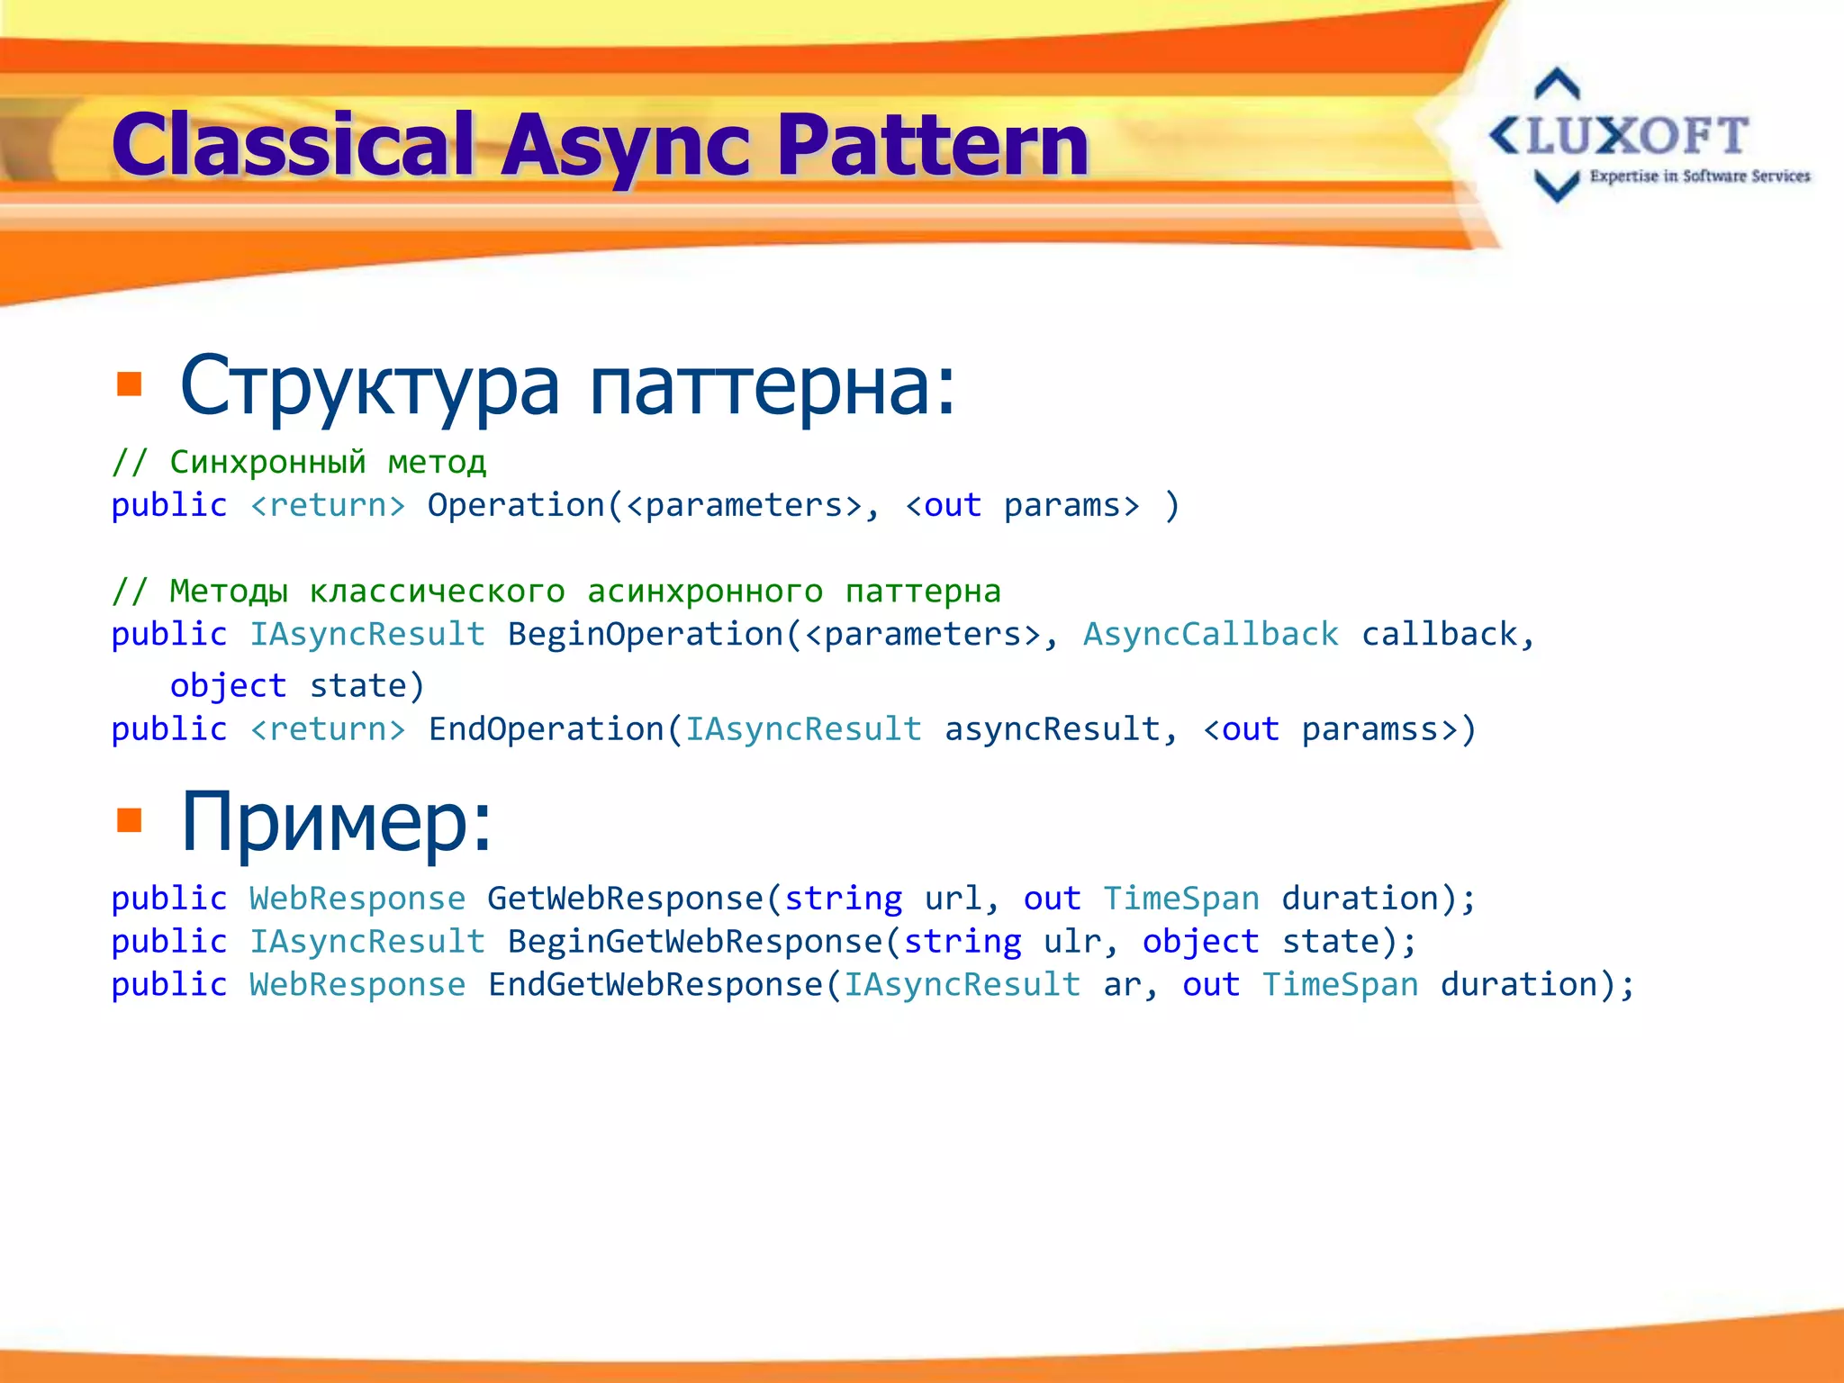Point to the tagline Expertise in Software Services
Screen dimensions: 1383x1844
[x=1699, y=176]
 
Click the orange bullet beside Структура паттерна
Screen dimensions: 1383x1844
[x=130, y=384]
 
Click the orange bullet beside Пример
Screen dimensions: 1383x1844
[x=130, y=820]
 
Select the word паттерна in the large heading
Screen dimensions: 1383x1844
[x=772, y=386]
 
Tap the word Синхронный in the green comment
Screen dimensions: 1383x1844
[x=267, y=462]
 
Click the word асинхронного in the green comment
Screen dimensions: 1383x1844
[x=705, y=592]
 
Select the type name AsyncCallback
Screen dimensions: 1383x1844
[x=1210, y=635]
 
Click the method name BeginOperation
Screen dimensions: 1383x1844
[x=646, y=635]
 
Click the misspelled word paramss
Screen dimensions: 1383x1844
[x=1369, y=729]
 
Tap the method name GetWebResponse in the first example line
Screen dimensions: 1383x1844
[x=625, y=899]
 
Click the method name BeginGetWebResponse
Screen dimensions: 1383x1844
[x=695, y=942]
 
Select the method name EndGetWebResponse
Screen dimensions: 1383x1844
[x=655, y=985]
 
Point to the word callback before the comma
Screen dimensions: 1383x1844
[x=1438, y=635]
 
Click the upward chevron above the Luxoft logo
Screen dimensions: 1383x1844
[x=1557, y=84]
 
